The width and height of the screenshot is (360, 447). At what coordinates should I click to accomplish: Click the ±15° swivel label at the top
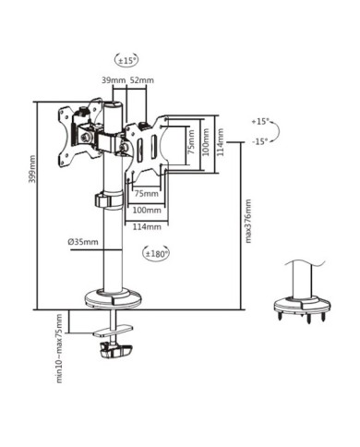pos(126,61)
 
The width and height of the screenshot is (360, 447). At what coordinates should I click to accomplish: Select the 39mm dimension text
pos(114,81)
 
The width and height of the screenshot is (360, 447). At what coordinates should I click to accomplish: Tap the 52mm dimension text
pos(141,81)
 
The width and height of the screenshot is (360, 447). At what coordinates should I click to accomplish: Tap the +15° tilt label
pos(261,121)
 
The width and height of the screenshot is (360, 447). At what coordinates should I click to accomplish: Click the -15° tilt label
pos(261,141)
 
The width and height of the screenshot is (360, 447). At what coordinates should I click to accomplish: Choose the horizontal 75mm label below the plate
pos(145,195)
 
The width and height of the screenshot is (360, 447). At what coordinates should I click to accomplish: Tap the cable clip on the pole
pos(103,199)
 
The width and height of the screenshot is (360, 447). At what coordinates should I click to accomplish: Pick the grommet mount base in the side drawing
pos(304,306)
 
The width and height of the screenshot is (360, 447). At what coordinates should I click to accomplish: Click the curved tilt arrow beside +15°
pos(281,132)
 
